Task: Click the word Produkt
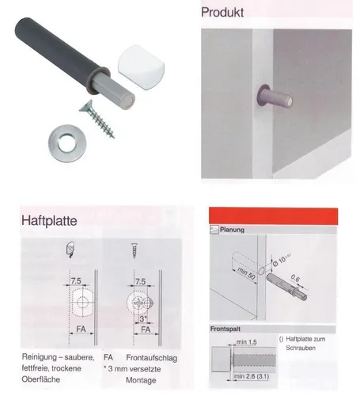223,13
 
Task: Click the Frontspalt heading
228,329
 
